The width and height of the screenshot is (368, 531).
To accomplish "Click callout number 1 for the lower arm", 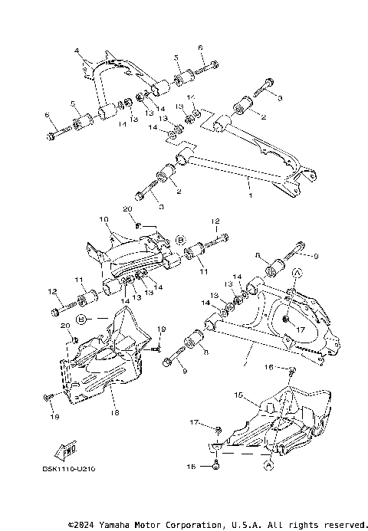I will point(249,185).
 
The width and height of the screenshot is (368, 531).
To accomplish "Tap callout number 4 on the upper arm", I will point(77,51).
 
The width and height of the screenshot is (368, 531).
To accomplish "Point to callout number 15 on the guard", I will point(238,395).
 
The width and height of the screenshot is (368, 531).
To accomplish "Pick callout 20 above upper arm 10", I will point(127,209).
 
